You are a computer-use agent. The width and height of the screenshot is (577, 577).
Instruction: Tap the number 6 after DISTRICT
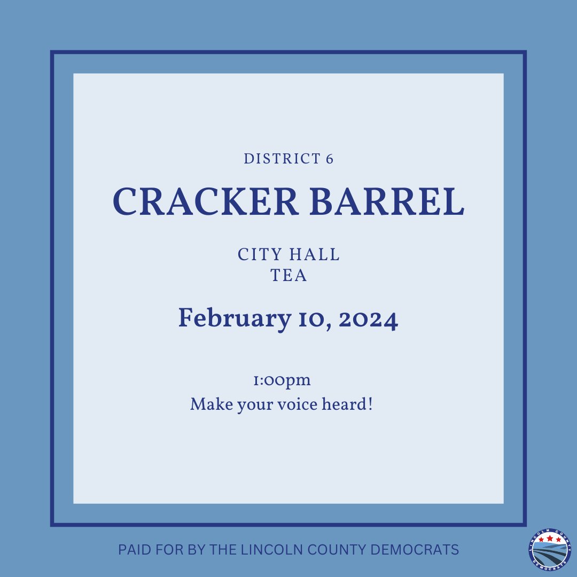coord(329,159)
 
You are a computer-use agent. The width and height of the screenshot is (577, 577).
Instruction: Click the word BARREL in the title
coord(387,202)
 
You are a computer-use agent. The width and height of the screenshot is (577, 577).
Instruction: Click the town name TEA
coord(288,276)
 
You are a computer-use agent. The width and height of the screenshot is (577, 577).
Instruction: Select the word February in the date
coord(231,319)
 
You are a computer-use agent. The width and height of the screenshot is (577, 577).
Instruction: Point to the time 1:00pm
coord(282,381)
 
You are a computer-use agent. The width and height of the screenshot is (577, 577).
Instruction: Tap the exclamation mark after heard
coord(369,404)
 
